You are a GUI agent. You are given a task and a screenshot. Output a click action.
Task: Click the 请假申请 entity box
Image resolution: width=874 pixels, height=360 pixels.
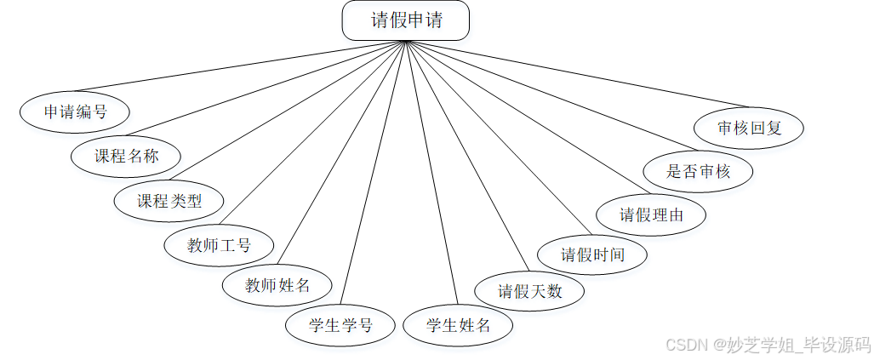(406, 20)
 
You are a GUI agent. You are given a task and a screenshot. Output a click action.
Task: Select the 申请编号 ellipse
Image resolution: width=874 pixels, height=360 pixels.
(76, 111)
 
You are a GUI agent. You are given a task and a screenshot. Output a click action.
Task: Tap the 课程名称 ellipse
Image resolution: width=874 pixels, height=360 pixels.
(126, 156)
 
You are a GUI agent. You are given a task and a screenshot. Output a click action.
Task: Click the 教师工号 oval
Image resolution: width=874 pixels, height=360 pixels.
(219, 246)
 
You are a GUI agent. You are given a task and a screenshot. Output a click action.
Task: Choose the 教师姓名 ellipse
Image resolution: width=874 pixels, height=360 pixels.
(277, 285)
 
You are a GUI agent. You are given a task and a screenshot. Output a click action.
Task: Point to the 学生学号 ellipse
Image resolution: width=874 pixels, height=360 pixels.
(340, 324)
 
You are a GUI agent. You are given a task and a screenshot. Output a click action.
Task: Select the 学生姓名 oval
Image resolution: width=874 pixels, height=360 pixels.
(458, 324)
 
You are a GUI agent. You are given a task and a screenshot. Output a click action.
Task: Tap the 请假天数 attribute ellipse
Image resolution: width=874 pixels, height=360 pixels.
(530, 291)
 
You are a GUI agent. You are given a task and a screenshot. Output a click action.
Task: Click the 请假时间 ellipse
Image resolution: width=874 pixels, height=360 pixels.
(592, 254)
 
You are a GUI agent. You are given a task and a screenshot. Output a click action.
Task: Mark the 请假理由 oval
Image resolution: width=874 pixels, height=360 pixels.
(651, 214)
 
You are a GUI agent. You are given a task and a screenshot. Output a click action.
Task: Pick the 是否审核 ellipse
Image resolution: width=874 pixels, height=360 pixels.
(698, 170)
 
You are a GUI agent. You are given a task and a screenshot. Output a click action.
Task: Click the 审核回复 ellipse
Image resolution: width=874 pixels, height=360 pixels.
(749, 129)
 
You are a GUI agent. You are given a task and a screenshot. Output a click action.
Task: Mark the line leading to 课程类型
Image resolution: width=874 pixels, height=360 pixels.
(289, 111)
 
